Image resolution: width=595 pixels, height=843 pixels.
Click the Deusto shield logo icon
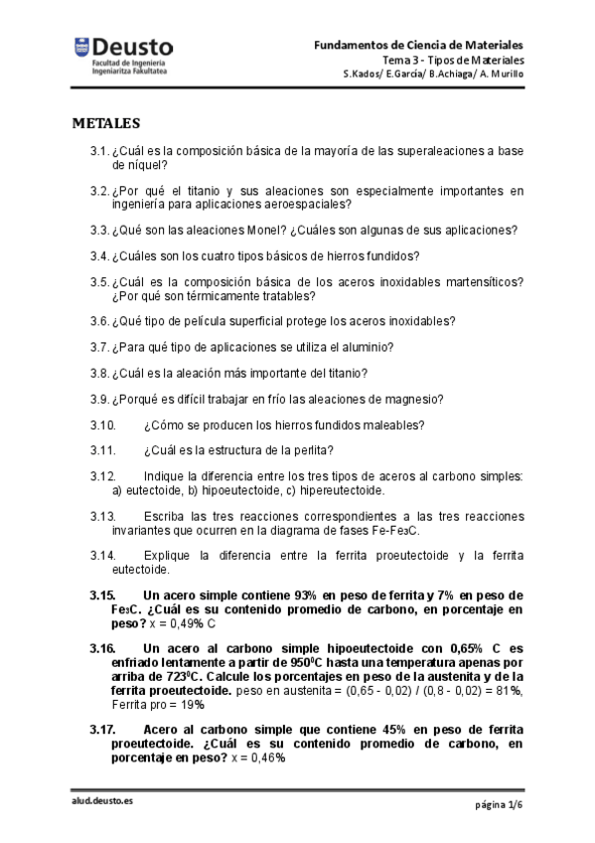pyautogui.click(x=79, y=47)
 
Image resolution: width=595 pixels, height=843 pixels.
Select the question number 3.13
pyautogui.click(x=103, y=517)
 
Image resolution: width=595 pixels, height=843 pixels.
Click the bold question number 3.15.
pyautogui.click(x=103, y=594)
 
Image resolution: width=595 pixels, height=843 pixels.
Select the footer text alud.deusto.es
pyautogui.click(x=101, y=802)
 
